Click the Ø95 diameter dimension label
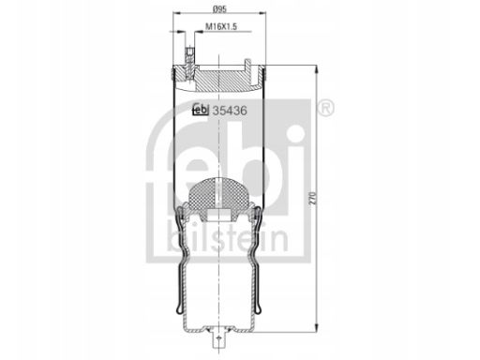coord(219,9)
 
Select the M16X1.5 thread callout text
coord(221,27)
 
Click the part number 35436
coord(230,111)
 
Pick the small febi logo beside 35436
coord(201,110)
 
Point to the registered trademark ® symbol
coord(325,109)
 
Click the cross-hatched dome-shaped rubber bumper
coord(218,194)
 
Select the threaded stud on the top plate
coord(189,64)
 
